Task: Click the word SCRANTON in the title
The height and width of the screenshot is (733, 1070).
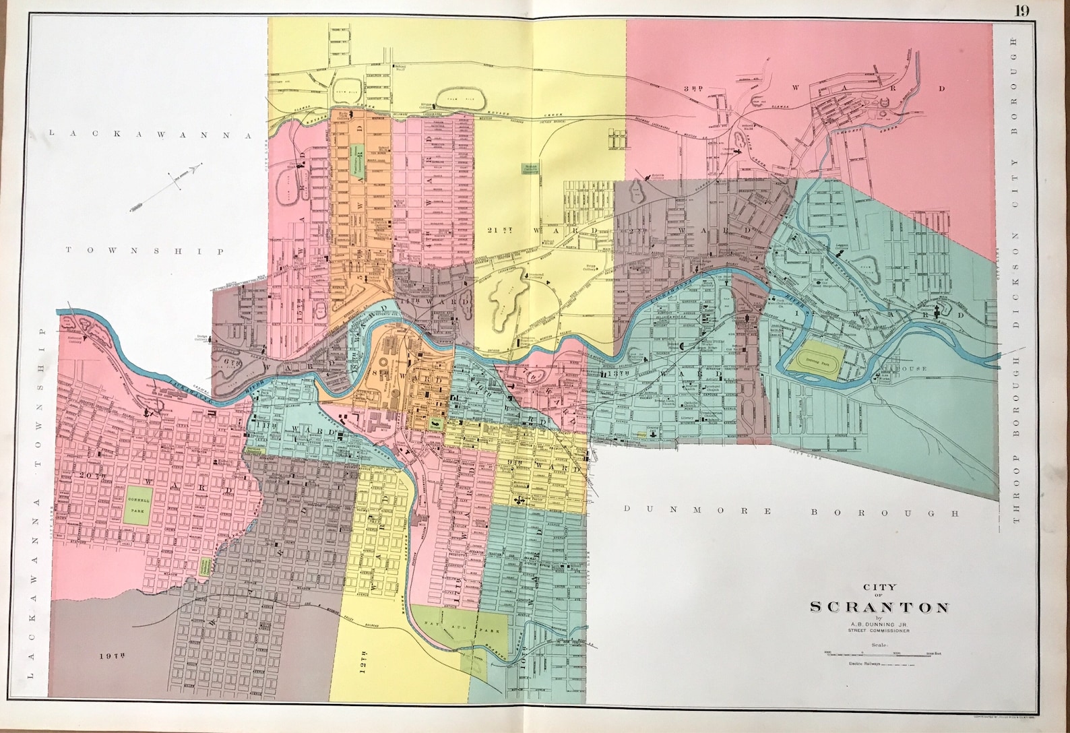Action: tap(879, 606)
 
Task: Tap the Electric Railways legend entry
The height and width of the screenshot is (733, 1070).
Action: tap(869, 665)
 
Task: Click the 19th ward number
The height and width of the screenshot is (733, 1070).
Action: tap(110, 654)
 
